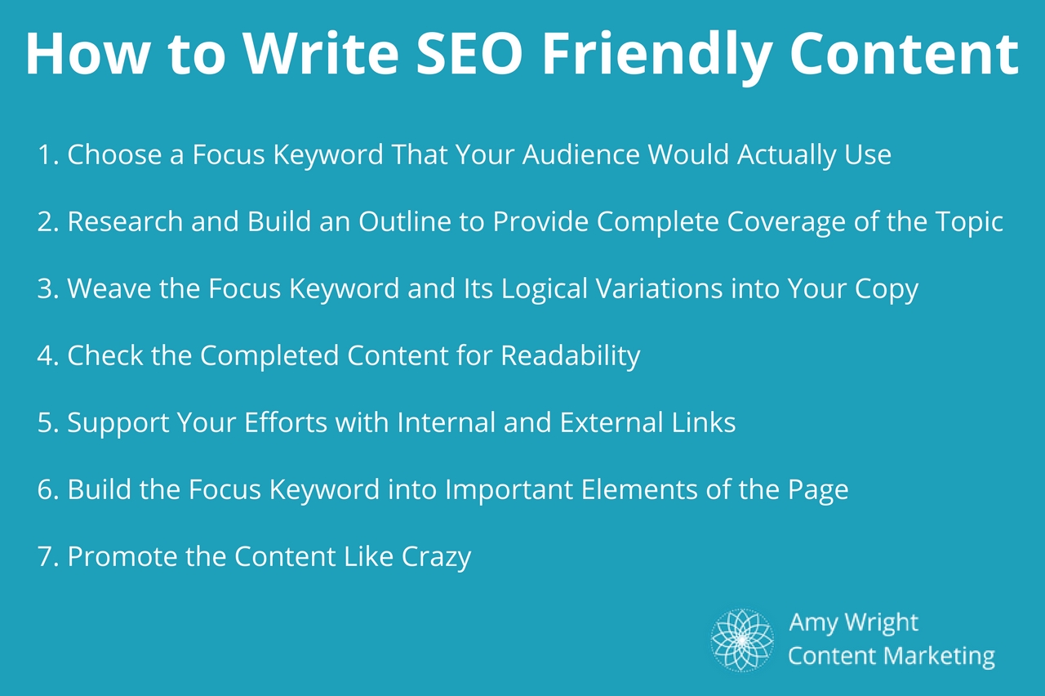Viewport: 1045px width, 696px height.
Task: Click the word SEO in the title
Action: tap(469, 53)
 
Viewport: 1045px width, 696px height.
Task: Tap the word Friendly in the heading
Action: tap(656, 57)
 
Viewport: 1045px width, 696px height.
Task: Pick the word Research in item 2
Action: tap(125, 221)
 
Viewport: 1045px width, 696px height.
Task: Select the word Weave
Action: tap(109, 288)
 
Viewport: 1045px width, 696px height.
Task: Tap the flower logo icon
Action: tap(742, 640)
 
